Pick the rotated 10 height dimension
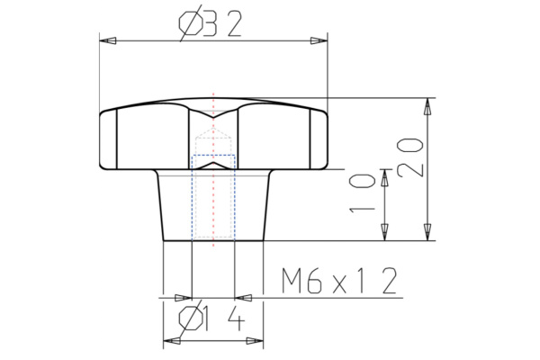pyautogui.click(x=364, y=195)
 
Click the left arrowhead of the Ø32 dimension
pyautogui.click(x=106, y=41)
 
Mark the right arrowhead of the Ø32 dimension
pyautogui.click(x=318, y=41)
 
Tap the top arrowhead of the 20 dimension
pyautogui.click(x=427, y=106)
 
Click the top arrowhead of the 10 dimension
pyautogui.click(x=384, y=178)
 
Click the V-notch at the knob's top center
pyautogui.click(x=213, y=115)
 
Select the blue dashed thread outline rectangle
pyautogui.click(x=213, y=198)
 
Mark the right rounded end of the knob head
pyautogui.click(x=322, y=139)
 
